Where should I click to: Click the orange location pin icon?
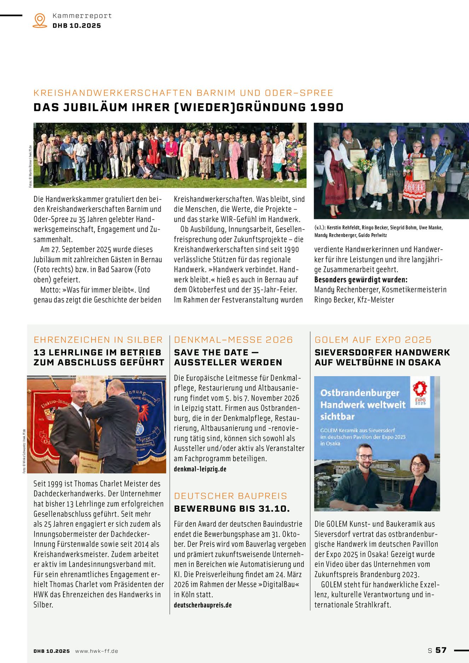pos(40,20)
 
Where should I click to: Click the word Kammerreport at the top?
pos(82,16)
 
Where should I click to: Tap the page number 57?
pos(441,650)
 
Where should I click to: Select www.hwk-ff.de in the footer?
pos(97,651)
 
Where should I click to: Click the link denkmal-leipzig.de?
pos(200,469)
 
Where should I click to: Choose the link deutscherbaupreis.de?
pos(203,605)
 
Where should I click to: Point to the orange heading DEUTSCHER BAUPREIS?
pos(231,496)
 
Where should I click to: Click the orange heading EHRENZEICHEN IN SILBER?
pos(98,339)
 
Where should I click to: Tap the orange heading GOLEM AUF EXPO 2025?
pos(373,339)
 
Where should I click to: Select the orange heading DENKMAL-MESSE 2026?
pos(233,339)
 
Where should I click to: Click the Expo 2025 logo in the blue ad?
pos(420,392)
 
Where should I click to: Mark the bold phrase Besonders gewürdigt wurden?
pos(361,279)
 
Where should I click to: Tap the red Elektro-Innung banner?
pos(44,424)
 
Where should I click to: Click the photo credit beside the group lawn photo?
pos(30,166)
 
